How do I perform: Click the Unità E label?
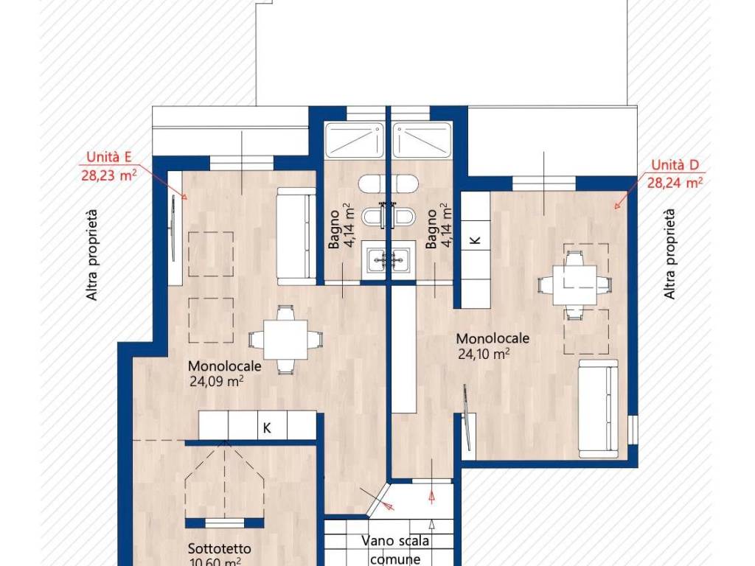click(x=109, y=158)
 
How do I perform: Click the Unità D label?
click(x=675, y=165)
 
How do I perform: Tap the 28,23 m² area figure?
click(x=109, y=175)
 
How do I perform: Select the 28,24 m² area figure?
click(x=675, y=183)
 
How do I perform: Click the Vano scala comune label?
click(x=395, y=550)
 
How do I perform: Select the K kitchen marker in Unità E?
click(x=267, y=427)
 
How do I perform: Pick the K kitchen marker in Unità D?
click(x=476, y=240)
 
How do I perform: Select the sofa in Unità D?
click(x=599, y=408)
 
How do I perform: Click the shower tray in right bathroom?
click(x=422, y=140)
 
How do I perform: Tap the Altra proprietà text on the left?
click(x=91, y=255)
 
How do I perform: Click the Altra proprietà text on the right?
click(x=669, y=254)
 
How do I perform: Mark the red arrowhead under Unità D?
click(x=618, y=206)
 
